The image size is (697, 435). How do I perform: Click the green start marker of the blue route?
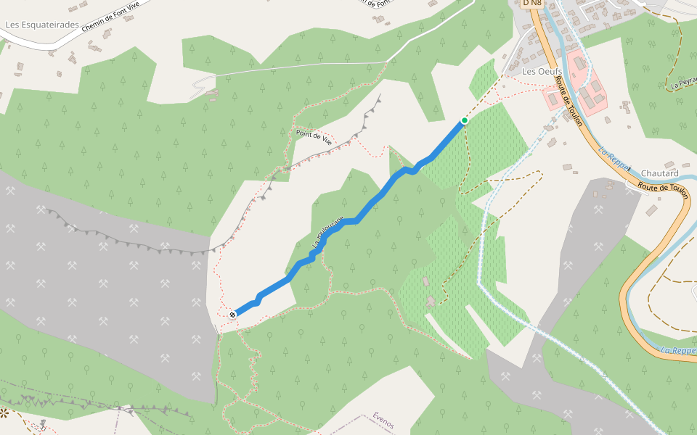coord(464,120)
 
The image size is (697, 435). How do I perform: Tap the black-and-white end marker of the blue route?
coord(232,314)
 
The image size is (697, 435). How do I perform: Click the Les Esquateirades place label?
coord(42,25)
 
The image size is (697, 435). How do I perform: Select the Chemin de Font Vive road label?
coord(110,16)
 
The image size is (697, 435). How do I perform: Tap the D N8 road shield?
coord(532,4)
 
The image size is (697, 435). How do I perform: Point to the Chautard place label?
coord(660,173)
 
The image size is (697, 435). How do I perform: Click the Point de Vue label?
coord(314,137)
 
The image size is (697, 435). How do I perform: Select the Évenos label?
coord(383,420)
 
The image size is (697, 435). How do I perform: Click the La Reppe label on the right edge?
coord(678,351)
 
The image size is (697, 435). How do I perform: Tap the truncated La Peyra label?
coord(683,83)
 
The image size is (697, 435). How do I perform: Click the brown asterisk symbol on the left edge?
coord(4,413)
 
